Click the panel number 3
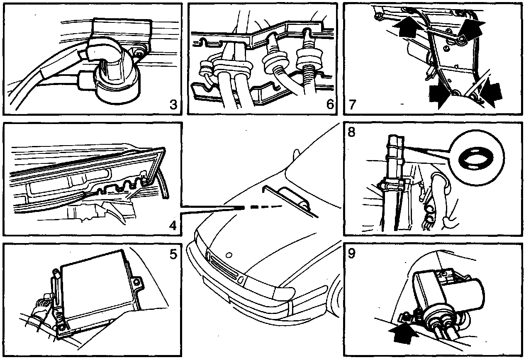[x=174, y=105]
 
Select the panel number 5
[x=174, y=254]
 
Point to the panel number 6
[x=330, y=105]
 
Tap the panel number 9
[x=352, y=253]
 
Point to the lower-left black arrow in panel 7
[x=440, y=96]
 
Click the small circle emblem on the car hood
[x=229, y=253]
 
